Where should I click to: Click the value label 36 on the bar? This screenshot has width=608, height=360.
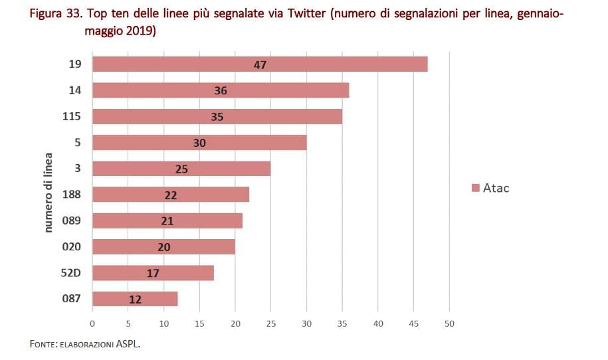click(x=221, y=91)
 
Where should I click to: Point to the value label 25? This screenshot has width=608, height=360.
click(x=181, y=169)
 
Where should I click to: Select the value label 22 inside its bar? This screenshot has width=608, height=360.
click(x=171, y=195)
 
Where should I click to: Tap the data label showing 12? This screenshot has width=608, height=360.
click(x=135, y=300)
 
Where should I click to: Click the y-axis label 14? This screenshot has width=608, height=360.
click(x=74, y=90)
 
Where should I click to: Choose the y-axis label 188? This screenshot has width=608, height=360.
click(x=71, y=195)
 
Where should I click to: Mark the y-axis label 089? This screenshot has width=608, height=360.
click(x=71, y=221)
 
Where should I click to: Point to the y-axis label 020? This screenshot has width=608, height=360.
click(x=71, y=246)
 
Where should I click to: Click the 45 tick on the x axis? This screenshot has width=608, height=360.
click(x=413, y=323)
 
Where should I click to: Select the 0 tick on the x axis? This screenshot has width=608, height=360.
click(x=92, y=323)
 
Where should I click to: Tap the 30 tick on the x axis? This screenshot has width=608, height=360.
click(x=306, y=323)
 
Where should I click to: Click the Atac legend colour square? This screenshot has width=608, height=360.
click(x=475, y=189)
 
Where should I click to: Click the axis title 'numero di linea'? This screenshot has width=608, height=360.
click(x=49, y=193)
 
